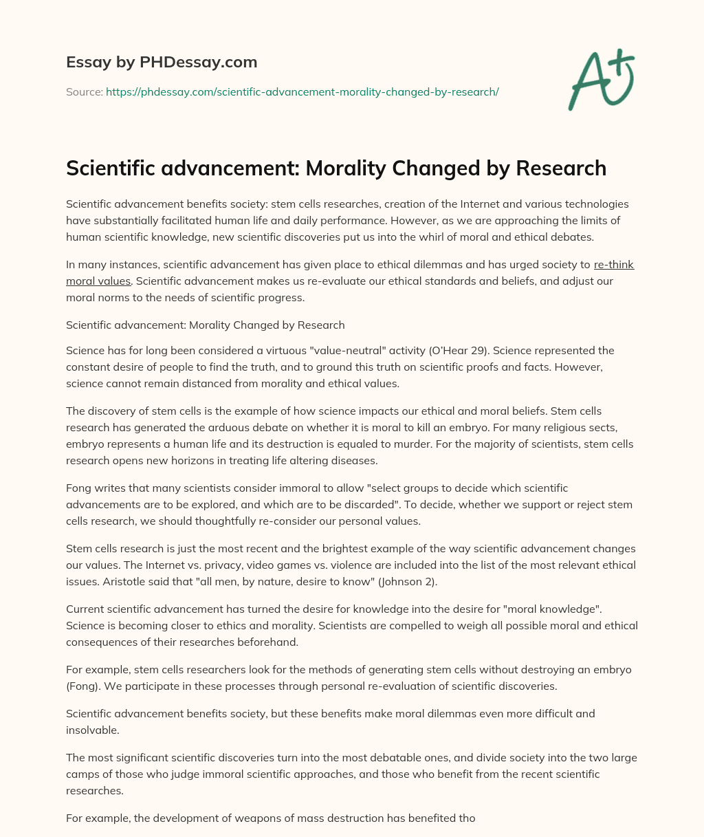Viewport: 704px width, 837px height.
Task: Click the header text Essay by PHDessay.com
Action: point(162,63)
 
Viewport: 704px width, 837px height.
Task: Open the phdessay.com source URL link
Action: point(302,91)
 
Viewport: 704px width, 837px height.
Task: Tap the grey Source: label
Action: point(84,91)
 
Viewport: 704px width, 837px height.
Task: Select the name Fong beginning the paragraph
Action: point(78,488)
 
